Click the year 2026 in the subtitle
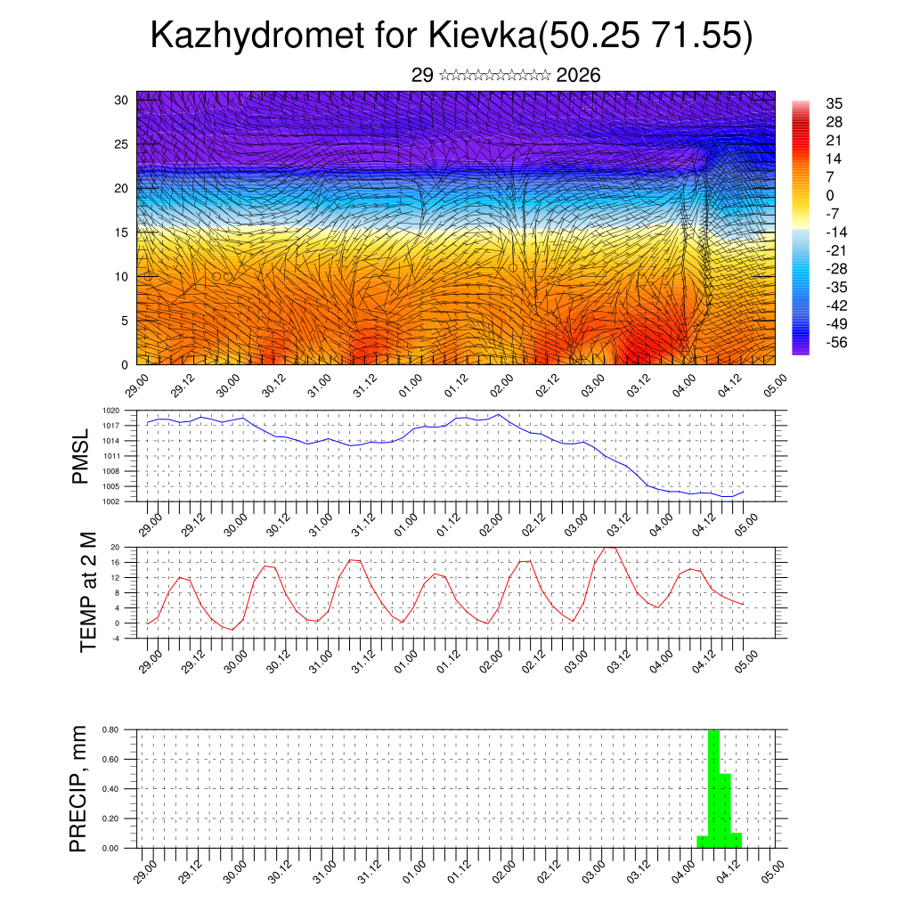pyautogui.click(x=578, y=76)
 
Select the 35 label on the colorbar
pyautogui.click(x=835, y=103)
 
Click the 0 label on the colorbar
pyautogui.click(x=830, y=195)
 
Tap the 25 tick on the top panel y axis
pyautogui.click(x=122, y=143)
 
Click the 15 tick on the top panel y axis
pyautogui.click(x=122, y=232)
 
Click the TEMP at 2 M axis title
pyautogui.click(x=88, y=593)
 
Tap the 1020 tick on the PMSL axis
pyautogui.click(x=110, y=411)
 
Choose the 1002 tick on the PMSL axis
pyautogui.click(x=110, y=501)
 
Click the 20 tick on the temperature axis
pyautogui.click(x=115, y=547)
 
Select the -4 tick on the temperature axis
pyautogui.click(x=115, y=638)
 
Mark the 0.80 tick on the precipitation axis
pyautogui.click(x=110, y=729)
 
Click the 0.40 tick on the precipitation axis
pyautogui.click(x=110, y=789)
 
